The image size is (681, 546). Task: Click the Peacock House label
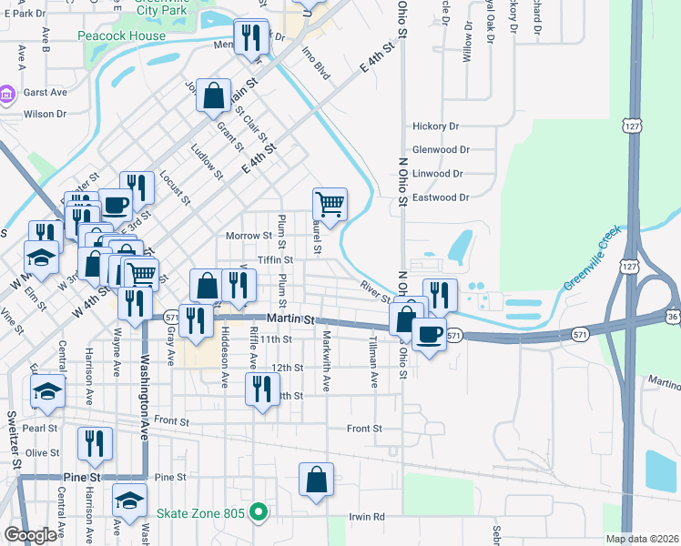[135, 36]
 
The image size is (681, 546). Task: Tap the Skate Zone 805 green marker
[258, 513]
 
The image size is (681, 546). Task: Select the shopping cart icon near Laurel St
[330, 204]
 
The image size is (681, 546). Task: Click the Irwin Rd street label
[367, 517]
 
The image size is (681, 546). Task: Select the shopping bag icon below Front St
[316, 479]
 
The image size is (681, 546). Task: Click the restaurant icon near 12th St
[262, 389]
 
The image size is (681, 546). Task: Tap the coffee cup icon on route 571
[429, 333]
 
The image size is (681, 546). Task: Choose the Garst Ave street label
[46, 93]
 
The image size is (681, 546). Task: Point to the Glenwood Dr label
[441, 150]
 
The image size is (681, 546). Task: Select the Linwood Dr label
[438, 174]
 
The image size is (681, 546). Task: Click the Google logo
[30, 535]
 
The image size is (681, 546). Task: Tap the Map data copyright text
[641, 539]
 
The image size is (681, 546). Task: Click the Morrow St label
[249, 237]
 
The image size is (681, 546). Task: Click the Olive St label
[42, 452]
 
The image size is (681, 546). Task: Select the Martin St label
[290, 320]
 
